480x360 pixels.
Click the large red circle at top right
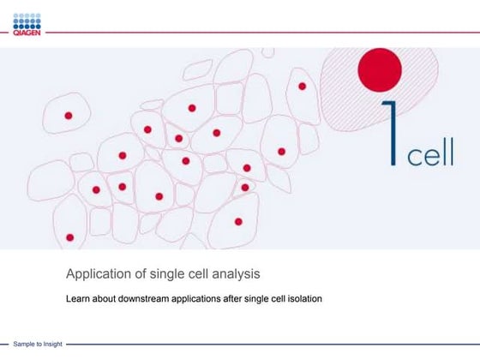tap(378, 71)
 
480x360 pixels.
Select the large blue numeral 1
tap(392, 134)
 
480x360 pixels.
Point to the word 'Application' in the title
tap(99, 275)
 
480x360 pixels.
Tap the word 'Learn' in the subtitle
tap(79, 300)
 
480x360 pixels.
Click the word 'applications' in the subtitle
tap(210, 300)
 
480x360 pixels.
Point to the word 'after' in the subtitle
tap(247, 300)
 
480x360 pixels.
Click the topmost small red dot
tap(303, 86)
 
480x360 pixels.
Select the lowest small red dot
tap(69, 237)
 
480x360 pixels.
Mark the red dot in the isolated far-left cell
tap(69, 115)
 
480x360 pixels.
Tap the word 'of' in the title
tap(141, 275)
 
